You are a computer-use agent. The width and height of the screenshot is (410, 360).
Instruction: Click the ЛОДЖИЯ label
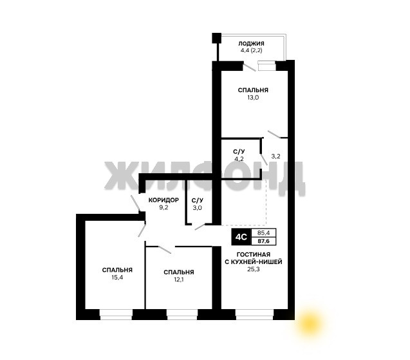(251, 43)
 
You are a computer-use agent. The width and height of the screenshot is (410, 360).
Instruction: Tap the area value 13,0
(254, 98)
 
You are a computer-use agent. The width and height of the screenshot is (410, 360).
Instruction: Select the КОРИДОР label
(163, 200)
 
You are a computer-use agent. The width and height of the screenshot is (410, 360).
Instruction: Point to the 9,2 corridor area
(163, 208)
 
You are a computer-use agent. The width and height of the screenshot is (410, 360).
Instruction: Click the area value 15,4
(117, 278)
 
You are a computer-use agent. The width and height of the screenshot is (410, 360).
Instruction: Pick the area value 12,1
(179, 279)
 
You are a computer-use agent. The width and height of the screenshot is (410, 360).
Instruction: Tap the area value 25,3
(254, 269)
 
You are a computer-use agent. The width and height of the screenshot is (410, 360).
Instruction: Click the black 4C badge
(241, 237)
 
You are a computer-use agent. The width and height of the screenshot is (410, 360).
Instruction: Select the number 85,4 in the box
(263, 232)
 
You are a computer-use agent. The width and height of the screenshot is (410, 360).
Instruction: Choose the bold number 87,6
(263, 241)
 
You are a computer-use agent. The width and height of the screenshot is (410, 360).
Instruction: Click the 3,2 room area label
(276, 156)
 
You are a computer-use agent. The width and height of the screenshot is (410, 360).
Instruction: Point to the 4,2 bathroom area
(239, 158)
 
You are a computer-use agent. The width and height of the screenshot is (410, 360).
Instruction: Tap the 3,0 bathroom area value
(197, 208)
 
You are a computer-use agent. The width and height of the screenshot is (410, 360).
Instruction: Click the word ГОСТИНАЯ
(254, 254)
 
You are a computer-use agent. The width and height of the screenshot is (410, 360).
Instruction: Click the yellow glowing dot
(310, 323)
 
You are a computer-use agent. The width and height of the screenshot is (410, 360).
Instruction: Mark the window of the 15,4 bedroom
(116, 314)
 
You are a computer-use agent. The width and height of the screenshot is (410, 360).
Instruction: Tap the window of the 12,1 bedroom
(182, 314)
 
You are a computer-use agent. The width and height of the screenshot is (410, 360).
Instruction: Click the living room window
(254, 314)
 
